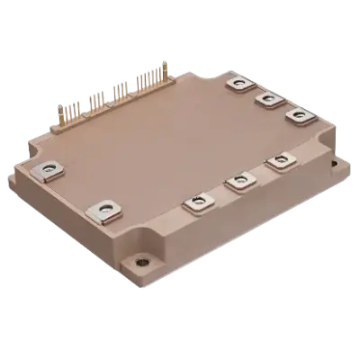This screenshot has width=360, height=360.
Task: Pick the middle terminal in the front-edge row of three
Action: pos(238,184)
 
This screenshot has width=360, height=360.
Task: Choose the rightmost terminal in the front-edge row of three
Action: pos(276,165)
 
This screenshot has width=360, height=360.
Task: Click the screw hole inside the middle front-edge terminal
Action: pos(238,183)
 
